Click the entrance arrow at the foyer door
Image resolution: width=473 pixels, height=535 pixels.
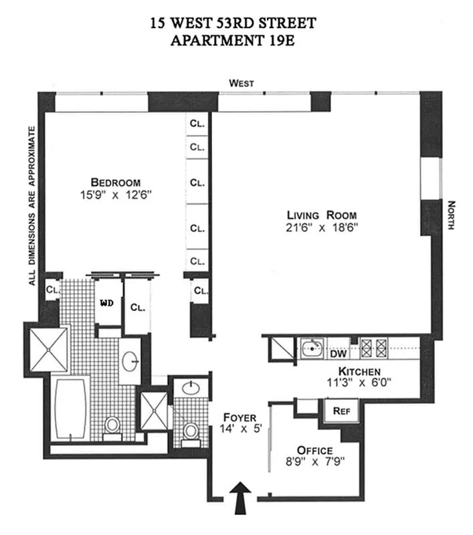pyautogui.click(x=242, y=499)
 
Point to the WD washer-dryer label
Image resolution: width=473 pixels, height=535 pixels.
pyautogui.click(x=106, y=303)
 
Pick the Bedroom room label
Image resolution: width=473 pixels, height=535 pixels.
pyautogui.click(x=116, y=182)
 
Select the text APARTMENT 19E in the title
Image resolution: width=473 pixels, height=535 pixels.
pyautogui.click(x=233, y=39)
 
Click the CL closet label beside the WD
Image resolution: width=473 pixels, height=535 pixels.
pyautogui.click(x=138, y=308)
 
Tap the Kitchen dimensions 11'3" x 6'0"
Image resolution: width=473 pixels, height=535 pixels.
pyautogui.click(x=359, y=384)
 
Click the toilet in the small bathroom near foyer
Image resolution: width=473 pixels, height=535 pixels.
pyautogui.click(x=190, y=431)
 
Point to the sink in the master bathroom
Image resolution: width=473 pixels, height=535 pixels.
pyautogui.click(x=130, y=362)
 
